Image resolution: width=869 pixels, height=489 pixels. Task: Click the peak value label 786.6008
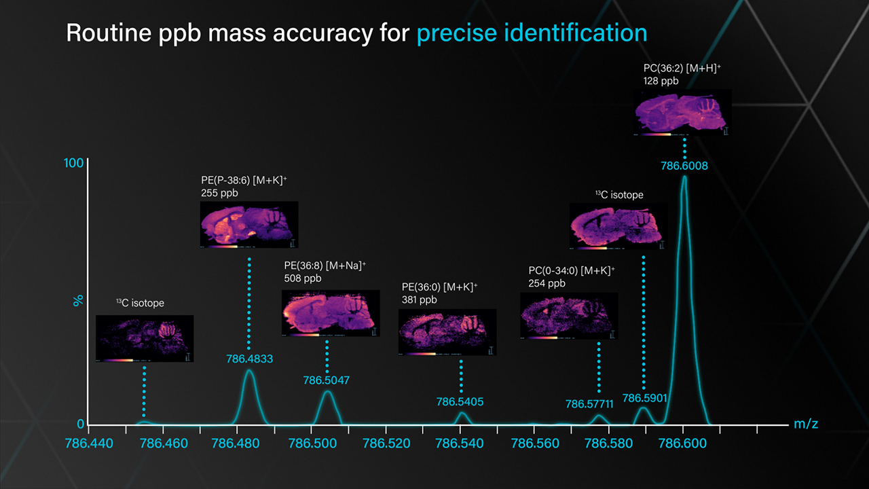[684, 165]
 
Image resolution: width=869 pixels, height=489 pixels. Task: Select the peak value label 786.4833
[249, 359]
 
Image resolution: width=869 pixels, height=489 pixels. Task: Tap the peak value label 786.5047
[326, 380]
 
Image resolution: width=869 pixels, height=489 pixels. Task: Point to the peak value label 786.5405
[460, 401]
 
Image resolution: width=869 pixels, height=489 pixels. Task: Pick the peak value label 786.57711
[589, 404]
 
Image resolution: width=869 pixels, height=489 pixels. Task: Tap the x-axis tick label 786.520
[385, 443]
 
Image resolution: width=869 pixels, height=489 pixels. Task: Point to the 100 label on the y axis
[74, 163]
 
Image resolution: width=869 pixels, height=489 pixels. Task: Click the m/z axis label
[806, 424]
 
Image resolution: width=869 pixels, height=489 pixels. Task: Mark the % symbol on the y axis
[78, 300]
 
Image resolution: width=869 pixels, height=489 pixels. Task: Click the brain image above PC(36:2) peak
[683, 113]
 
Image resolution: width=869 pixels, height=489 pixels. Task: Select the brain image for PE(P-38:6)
[249, 224]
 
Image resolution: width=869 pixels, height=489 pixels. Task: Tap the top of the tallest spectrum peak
[684, 177]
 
